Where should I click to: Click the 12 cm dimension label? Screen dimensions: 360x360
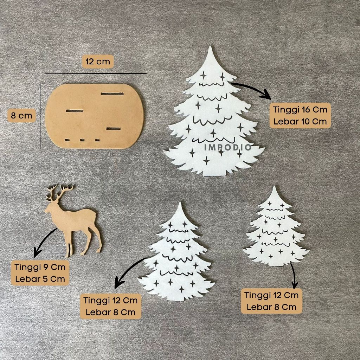click(x=98, y=62)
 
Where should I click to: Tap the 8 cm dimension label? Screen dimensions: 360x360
click(x=21, y=115)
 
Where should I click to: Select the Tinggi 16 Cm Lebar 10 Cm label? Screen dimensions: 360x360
click(x=300, y=115)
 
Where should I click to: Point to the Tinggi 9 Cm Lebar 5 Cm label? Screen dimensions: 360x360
click(x=40, y=273)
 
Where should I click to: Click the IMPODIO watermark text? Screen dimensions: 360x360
click(x=228, y=148)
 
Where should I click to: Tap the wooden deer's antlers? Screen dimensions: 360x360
click(x=59, y=192)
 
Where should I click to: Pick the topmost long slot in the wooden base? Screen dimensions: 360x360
click(x=112, y=94)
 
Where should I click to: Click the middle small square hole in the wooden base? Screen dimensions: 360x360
click(x=82, y=140)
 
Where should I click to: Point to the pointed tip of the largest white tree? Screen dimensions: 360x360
click(x=210, y=47)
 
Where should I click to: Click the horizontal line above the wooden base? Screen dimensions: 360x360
click(x=96, y=73)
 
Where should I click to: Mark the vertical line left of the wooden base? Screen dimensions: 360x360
click(x=40, y=115)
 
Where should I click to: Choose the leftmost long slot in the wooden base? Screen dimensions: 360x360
click(x=75, y=111)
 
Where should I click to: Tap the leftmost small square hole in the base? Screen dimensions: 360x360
click(x=67, y=140)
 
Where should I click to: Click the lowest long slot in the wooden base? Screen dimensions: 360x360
click(x=114, y=128)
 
